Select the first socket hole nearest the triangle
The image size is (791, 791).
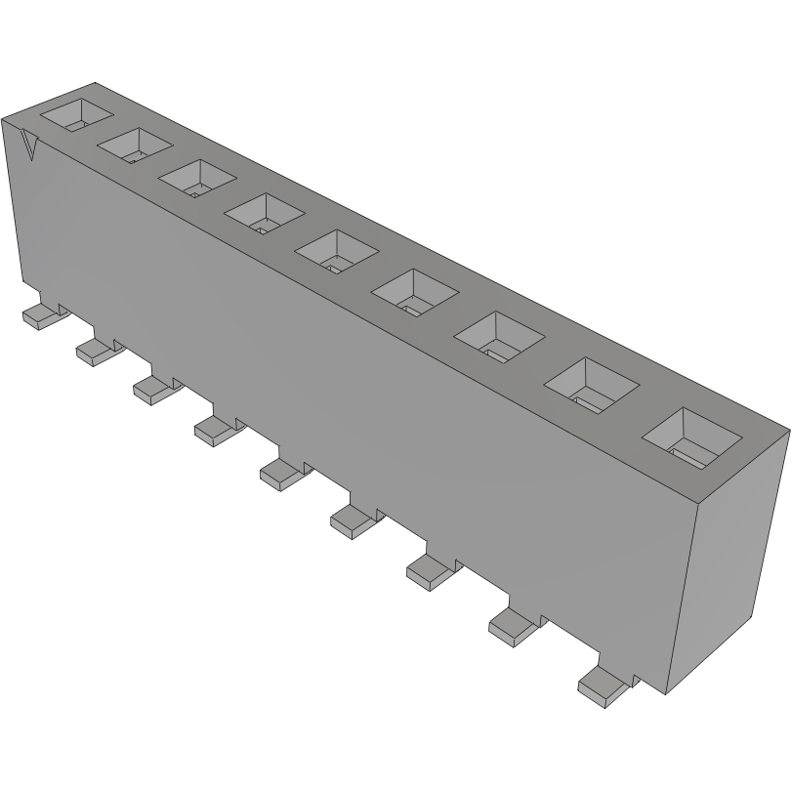(x=77, y=114)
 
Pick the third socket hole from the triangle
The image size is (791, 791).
(x=198, y=176)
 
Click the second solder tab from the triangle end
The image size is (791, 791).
(x=94, y=350)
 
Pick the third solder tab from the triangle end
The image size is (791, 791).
(x=151, y=389)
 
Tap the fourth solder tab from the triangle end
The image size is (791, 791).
(x=215, y=428)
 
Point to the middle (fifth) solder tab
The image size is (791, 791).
(x=280, y=473)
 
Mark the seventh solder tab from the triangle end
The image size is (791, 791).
(x=428, y=570)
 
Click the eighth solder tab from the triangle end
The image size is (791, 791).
(x=511, y=625)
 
